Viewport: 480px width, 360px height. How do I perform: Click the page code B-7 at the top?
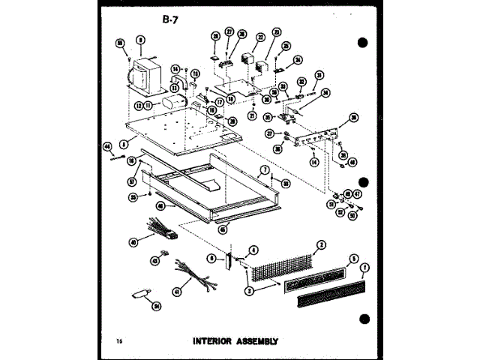169,20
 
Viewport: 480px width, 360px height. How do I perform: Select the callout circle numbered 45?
222,229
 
